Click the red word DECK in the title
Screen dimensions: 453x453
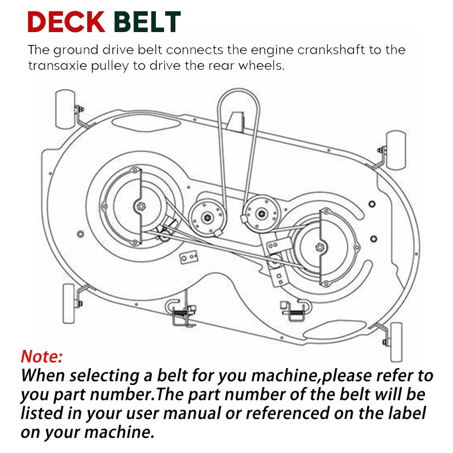pos(66,22)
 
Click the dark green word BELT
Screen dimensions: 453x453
pos(147,22)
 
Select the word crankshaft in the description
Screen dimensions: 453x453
pos(331,50)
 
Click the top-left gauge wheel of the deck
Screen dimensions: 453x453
pos(65,109)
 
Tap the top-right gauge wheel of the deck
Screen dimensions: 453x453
pos(396,150)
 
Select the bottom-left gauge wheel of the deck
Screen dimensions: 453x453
pos(69,303)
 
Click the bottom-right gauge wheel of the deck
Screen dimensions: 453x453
pos(396,342)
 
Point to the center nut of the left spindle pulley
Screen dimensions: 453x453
pos(141,206)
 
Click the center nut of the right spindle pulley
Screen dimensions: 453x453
pos(319,247)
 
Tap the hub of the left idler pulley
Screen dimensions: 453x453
pos(207,217)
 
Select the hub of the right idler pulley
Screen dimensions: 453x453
pos(262,214)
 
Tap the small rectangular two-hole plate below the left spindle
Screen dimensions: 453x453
pos(188,257)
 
